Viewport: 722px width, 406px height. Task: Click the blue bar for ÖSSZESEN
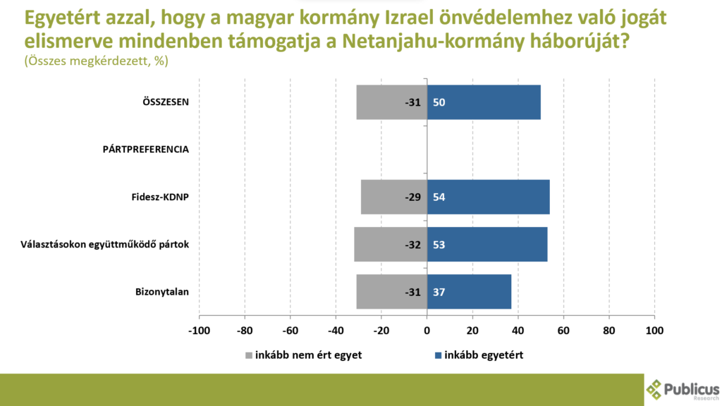pos(484,102)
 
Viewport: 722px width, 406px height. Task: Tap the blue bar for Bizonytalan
pos(469,292)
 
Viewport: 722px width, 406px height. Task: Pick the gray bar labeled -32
pos(391,245)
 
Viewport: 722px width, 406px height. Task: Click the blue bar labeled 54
pos(488,197)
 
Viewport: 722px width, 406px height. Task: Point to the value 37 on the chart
pos(439,292)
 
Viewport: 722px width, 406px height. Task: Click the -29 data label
pos(413,197)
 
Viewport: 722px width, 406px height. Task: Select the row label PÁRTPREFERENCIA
pos(146,149)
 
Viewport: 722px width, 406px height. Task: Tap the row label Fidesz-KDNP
pos(161,197)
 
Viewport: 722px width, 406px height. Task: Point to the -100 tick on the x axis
pos(199,330)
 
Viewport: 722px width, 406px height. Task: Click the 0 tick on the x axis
pos(427,330)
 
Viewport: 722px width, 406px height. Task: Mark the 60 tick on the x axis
pos(563,330)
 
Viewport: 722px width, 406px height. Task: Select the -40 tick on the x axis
pos(336,330)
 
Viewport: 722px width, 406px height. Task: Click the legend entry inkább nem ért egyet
pos(303,355)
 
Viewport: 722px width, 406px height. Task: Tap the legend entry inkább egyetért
pos(479,355)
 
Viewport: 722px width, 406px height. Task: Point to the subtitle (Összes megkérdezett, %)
pos(97,61)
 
